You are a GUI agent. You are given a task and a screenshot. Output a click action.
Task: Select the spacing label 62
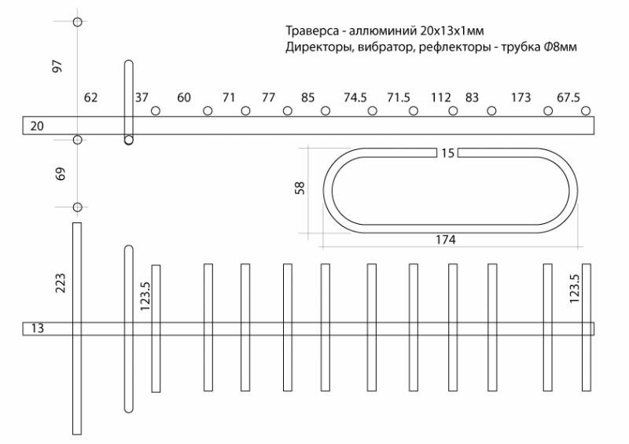pyautogui.click(x=91, y=97)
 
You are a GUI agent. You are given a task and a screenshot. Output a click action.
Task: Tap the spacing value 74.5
pyautogui.click(x=355, y=97)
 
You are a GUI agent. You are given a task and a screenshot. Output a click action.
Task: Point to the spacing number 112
pyautogui.click(x=441, y=97)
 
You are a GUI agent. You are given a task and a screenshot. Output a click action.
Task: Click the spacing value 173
pyautogui.click(x=520, y=97)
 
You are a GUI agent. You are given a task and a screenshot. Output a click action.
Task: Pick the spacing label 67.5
pyautogui.click(x=568, y=97)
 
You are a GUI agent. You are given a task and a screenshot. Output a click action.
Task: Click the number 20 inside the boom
pyautogui.click(x=36, y=126)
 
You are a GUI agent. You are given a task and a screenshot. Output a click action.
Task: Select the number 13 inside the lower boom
pyautogui.click(x=37, y=328)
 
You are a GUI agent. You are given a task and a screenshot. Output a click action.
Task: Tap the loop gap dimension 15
pyautogui.click(x=447, y=152)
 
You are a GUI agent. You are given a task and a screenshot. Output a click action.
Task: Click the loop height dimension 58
pyautogui.click(x=300, y=189)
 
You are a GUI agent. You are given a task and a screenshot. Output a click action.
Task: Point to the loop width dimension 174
pyautogui.click(x=445, y=240)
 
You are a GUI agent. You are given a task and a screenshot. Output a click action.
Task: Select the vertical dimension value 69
pyautogui.click(x=61, y=174)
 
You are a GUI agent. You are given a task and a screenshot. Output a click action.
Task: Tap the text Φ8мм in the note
pyautogui.click(x=560, y=49)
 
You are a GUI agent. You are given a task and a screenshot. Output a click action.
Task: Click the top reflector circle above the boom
pyautogui.click(x=77, y=21)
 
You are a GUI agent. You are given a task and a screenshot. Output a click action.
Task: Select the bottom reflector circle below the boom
pyautogui.click(x=77, y=207)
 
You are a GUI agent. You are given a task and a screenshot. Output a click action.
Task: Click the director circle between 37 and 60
pyautogui.click(x=156, y=111)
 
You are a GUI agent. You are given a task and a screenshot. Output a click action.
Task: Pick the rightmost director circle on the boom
pyautogui.click(x=586, y=111)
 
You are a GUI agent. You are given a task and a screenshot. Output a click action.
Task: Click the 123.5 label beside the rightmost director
pyautogui.click(x=574, y=288)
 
